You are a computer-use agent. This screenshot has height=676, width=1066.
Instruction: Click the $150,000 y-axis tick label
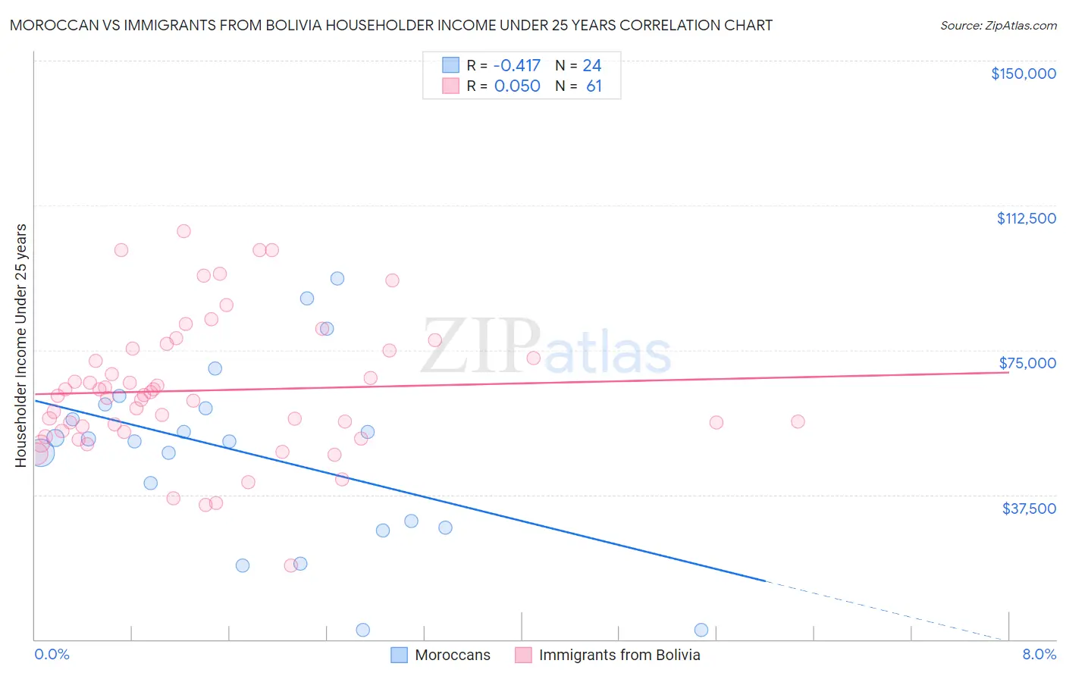coord(1023,74)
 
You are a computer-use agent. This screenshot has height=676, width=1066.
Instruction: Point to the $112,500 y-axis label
coord(1026,218)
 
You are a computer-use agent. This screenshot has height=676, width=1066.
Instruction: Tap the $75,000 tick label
coord(1027,363)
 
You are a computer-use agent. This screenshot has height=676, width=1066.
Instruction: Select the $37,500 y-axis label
coord(1029,509)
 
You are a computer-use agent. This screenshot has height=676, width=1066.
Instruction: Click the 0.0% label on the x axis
coord(52,654)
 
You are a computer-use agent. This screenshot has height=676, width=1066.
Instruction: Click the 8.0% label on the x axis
coord(1039,654)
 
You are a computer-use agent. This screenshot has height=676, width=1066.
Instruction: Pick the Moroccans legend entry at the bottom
coord(452,655)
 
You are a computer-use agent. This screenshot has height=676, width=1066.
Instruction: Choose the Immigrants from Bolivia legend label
coord(619,655)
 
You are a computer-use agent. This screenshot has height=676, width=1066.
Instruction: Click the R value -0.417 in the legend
coord(516,66)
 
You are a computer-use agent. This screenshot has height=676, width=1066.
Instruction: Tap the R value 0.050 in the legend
coord(517,86)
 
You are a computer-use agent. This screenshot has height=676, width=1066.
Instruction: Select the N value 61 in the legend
coord(594,86)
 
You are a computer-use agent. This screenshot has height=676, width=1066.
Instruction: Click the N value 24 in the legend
coord(591,66)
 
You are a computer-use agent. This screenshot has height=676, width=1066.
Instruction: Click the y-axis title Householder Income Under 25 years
coord(20,345)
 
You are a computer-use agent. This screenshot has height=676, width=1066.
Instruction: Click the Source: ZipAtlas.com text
coord(998,26)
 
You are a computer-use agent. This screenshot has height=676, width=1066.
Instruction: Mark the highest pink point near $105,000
coord(183,231)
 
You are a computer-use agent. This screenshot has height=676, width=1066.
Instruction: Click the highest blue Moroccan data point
coord(337,278)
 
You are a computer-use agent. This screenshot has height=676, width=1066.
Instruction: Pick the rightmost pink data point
coord(798,421)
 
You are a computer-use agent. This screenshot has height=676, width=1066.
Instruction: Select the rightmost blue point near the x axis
coord(701,630)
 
